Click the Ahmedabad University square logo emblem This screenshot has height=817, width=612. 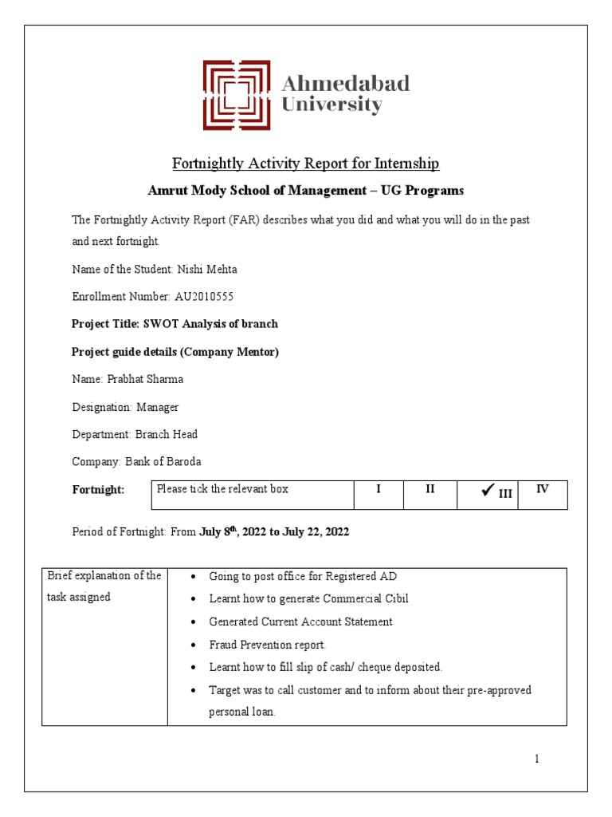click(237, 95)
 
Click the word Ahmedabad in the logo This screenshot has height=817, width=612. click(347, 83)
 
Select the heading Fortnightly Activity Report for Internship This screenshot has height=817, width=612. click(306, 164)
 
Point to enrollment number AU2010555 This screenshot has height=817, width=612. click(203, 297)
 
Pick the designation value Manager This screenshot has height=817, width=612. click(158, 407)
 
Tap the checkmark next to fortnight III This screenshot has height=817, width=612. click(487, 491)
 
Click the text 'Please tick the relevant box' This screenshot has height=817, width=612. click(222, 489)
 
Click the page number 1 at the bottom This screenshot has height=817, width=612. click(537, 759)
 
